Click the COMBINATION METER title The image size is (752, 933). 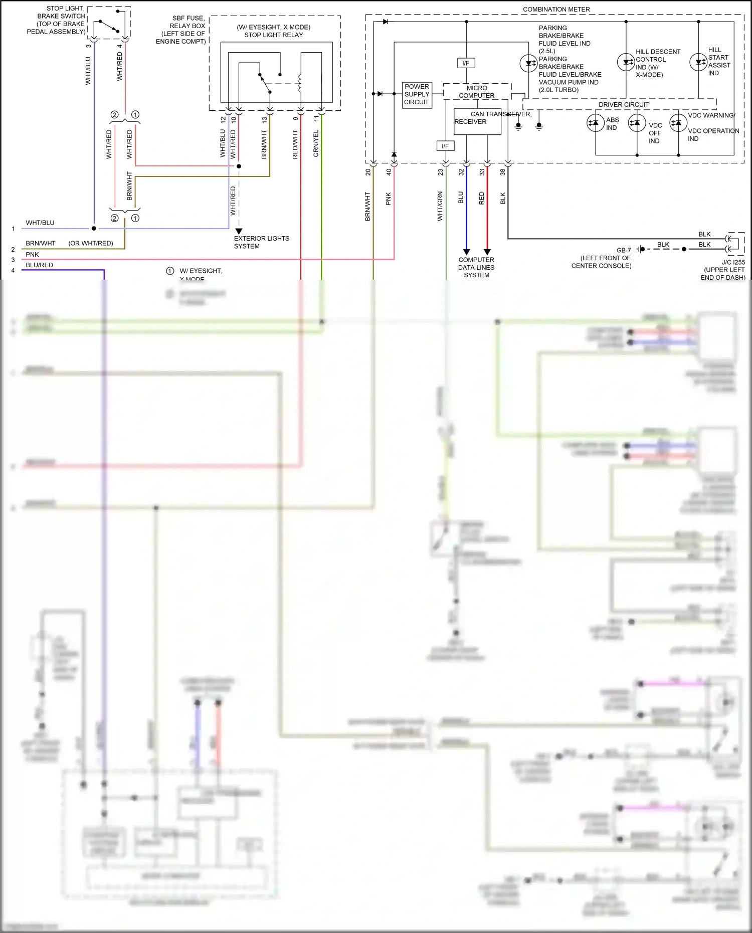click(556, 10)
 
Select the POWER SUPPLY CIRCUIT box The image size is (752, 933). click(417, 94)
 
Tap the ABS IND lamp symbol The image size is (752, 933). click(595, 123)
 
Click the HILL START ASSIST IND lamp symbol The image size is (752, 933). click(698, 62)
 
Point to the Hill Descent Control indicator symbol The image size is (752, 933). click(626, 62)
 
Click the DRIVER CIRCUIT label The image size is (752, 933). click(623, 105)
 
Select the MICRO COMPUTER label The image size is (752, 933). click(476, 92)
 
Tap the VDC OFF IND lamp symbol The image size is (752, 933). click(637, 123)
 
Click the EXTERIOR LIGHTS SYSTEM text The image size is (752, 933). click(261, 242)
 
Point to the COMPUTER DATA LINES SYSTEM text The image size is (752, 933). click(476, 267)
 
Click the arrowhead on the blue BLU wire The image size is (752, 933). click(466, 252)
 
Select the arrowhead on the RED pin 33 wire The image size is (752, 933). click(487, 252)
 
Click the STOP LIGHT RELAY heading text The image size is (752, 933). click(273, 35)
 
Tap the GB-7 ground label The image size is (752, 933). click(624, 250)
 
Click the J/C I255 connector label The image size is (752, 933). click(733, 262)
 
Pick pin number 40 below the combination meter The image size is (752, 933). click(389, 172)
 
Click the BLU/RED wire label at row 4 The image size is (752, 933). click(40, 265)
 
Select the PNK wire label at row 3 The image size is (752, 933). click(32, 255)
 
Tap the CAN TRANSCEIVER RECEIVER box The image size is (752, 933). click(477, 121)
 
